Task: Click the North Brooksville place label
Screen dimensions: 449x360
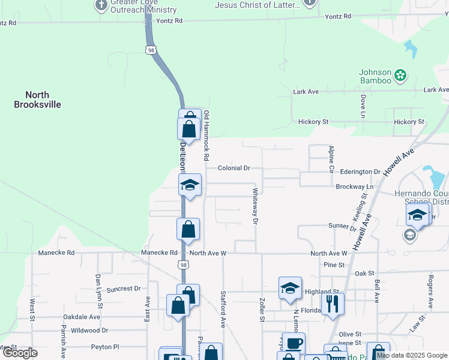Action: tap(37, 100)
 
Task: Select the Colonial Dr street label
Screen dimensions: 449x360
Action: tap(234, 168)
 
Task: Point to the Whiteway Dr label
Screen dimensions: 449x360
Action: tap(255, 206)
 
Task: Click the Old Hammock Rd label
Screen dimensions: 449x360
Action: tap(206, 136)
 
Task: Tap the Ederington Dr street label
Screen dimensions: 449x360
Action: tap(361, 172)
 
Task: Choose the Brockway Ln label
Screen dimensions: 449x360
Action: tap(355, 187)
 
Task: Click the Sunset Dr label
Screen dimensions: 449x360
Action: tap(342, 226)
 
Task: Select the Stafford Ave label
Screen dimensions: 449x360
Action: tap(223, 309)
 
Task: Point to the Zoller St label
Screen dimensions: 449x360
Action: tap(262, 310)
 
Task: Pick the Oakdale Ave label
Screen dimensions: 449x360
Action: tap(82, 317)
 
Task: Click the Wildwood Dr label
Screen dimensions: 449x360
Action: tap(89, 330)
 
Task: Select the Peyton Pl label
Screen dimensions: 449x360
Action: tap(105, 347)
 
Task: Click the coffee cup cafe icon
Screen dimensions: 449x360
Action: tap(294, 343)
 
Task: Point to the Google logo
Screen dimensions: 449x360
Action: tap(20, 353)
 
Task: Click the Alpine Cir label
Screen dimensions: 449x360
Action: tap(331, 159)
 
